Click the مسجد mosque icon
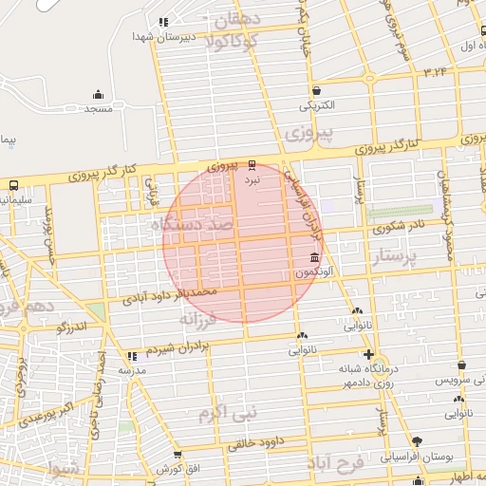(x=98, y=94)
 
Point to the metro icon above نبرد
(x=252, y=163)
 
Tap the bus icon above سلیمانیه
(x=13, y=186)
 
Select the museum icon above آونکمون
(x=314, y=259)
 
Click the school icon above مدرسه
(x=131, y=357)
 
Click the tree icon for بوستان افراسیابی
(x=417, y=441)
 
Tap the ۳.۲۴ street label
(x=436, y=71)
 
